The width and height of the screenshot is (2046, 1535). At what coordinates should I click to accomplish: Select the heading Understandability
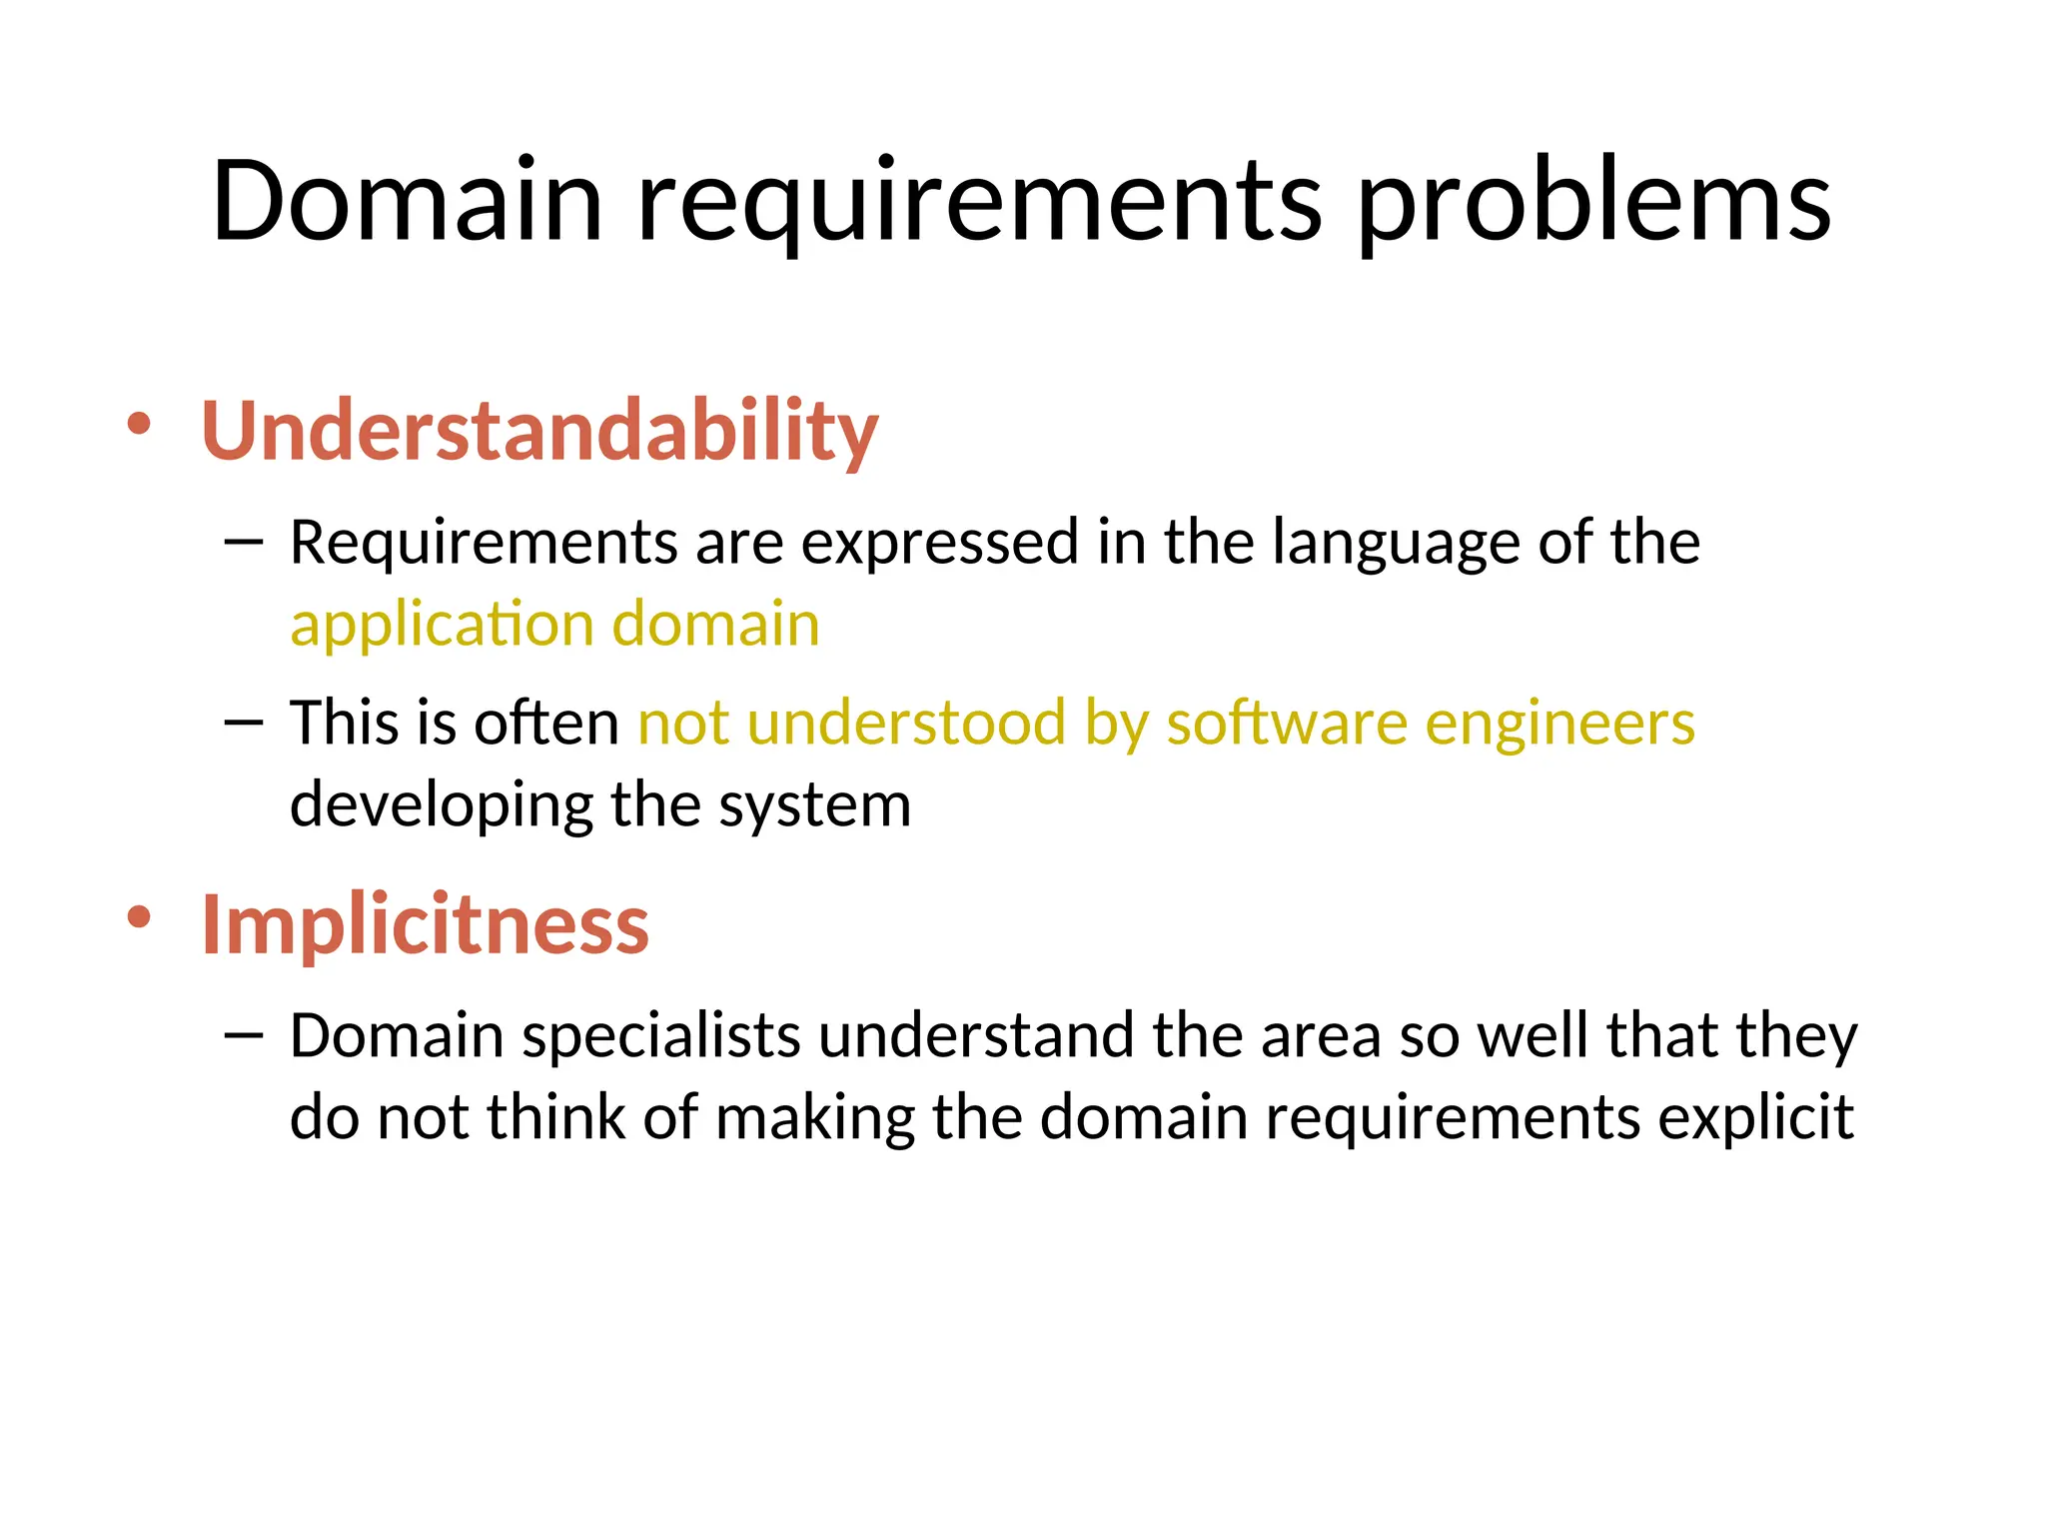click(x=539, y=431)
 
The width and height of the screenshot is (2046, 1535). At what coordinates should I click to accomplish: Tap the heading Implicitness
click(x=425, y=924)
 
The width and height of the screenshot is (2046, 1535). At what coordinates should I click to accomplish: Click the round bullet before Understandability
click(x=139, y=424)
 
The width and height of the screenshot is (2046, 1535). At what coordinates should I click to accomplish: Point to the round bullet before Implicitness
click(x=139, y=916)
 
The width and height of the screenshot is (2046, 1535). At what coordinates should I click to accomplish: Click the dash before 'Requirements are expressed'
click(x=244, y=542)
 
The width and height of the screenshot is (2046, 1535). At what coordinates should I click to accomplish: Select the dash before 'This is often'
click(x=244, y=722)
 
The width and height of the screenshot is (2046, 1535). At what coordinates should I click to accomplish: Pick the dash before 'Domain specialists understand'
click(x=244, y=1034)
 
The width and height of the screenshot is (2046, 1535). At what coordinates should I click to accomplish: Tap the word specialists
click(x=661, y=1037)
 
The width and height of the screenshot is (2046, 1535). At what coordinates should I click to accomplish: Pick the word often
click(x=546, y=723)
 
